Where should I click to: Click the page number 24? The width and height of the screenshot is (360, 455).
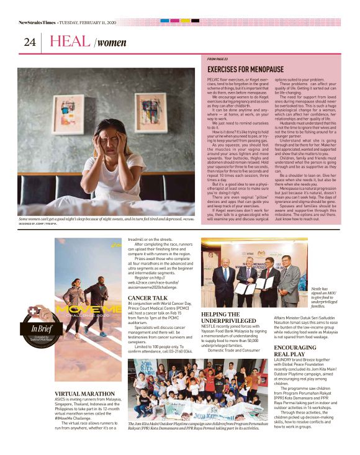click(x=29, y=42)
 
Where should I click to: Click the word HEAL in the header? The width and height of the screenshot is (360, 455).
click(x=70, y=42)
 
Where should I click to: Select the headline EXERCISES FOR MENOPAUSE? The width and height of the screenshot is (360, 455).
click(x=245, y=69)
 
